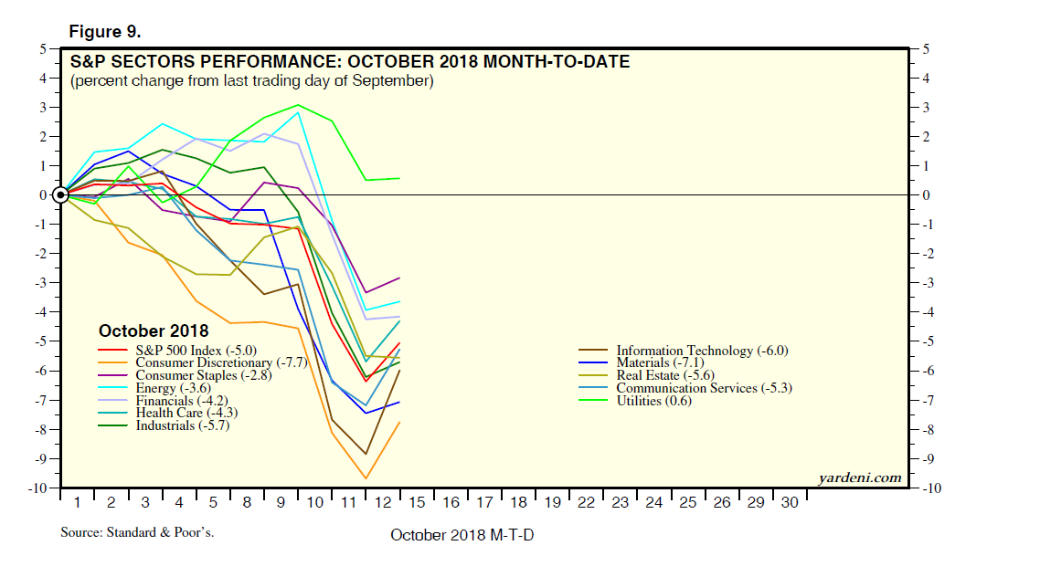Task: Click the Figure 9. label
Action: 104,32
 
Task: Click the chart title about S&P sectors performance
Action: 349,62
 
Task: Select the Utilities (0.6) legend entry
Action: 651,401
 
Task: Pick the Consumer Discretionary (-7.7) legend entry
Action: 220,362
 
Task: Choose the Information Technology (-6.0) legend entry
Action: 701,350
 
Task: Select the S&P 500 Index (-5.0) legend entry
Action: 191,350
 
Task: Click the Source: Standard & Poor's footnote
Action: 137,531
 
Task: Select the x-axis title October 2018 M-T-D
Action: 462,535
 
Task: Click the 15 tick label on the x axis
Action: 417,503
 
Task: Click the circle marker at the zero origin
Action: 61,194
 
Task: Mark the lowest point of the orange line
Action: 366,478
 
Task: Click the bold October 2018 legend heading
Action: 154,331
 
